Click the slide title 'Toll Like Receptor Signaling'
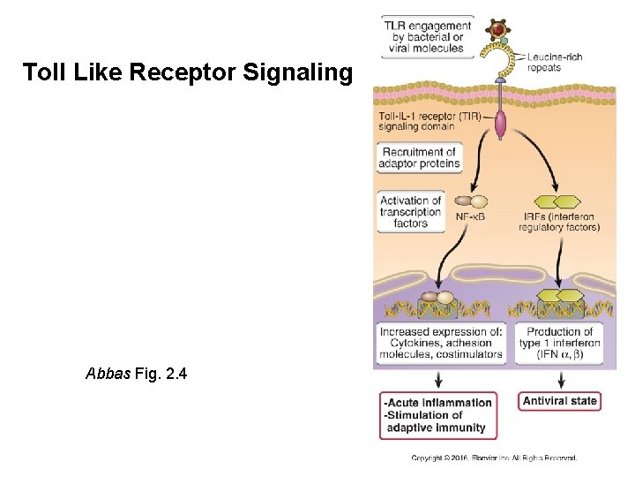(187, 72)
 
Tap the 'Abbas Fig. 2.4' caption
(136, 374)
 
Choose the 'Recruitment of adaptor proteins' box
(420, 158)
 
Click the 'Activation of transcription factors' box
(410, 212)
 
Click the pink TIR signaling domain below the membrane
(501, 124)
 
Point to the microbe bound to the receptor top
(498, 31)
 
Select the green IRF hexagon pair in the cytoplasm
(557, 201)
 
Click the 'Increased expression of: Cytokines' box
(441, 344)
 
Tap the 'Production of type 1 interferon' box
(560, 344)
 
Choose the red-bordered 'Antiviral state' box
(560, 401)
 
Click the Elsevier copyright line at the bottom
(494, 458)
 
